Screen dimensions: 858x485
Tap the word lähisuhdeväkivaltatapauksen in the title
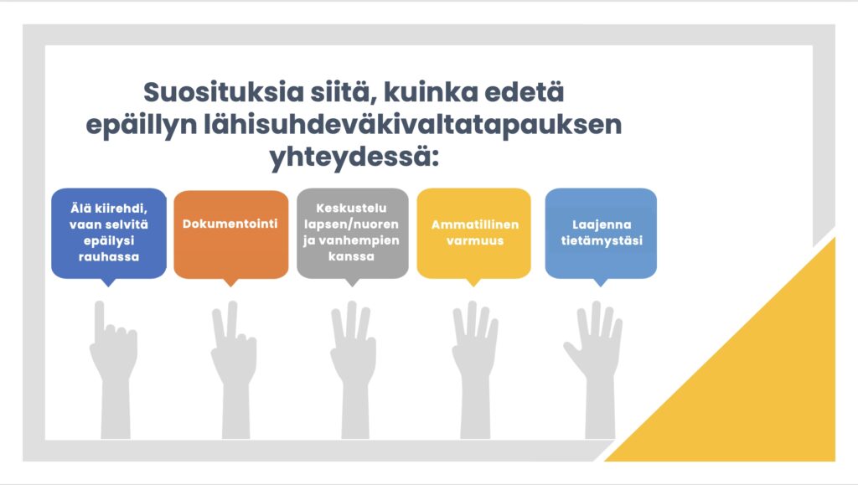[413, 126]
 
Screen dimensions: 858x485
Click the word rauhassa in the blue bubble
[109, 256]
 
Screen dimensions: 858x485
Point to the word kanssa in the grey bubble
[351, 255]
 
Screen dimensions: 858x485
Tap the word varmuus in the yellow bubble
[475, 240]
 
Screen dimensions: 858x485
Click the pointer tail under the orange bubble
[231, 282]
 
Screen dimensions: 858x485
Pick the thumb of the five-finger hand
[572, 353]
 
